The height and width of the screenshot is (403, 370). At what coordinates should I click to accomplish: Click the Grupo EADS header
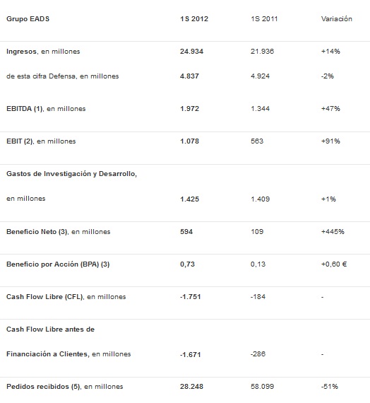[x=28, y=19]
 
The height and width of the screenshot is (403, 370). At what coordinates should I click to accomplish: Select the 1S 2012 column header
[x=194, y=19]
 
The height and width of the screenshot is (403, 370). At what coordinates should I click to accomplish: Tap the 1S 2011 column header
[x=264, y=19]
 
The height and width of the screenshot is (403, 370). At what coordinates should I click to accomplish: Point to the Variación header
[x=336, y=19]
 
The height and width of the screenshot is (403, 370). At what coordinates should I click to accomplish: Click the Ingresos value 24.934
[x=191, y=52]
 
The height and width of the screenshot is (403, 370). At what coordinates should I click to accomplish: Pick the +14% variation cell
[x=330, y=52]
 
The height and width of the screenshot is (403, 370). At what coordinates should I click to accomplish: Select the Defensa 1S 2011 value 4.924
[x=260, y=76]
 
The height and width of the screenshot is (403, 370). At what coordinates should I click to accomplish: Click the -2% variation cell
[x=328, y=76]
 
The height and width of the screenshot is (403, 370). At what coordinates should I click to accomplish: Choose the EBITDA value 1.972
[x=189, y=109]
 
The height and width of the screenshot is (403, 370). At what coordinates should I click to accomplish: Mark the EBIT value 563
[x=257, y=141]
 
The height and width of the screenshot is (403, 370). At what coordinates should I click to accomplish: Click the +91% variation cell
[x=330, y=141]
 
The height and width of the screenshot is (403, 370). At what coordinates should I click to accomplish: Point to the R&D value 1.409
[x=260, y=199]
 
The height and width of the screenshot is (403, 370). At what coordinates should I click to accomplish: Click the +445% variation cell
[x=333, y=232]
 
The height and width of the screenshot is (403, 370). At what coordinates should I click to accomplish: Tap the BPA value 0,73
[x=187, y=264]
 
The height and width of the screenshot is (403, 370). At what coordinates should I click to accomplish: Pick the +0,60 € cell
[x=334, y=264]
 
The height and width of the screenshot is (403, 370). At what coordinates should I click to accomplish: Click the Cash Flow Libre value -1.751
[x=190, y=297]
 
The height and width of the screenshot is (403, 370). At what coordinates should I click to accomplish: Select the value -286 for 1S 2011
[x=258, y=354]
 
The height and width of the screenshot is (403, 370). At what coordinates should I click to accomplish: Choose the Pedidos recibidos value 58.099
[x=262, y=387]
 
